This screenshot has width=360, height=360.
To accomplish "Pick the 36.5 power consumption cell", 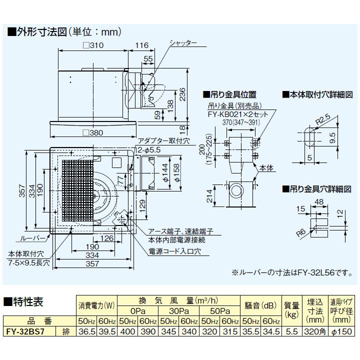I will pyautogui.click(x=86, y=330).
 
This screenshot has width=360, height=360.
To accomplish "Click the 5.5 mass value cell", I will pyautogui.click(x=292, y=330).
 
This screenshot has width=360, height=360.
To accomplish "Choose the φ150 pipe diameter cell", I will pyautogui.click(x=341, y=330).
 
